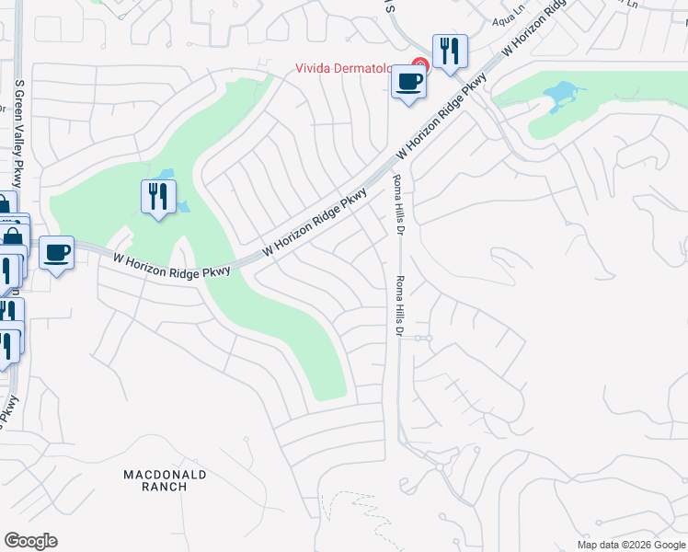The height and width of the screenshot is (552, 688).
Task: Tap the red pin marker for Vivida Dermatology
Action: coord(419,65)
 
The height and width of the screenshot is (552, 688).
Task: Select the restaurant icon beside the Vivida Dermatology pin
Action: coord(450,51)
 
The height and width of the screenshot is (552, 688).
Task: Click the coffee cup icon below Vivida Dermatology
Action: coord(409,81)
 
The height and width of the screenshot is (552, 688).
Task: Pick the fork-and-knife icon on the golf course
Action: coord(158,196)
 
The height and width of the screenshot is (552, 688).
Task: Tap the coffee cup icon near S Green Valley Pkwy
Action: coord(56,252)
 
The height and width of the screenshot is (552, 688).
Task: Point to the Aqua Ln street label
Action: coord(506,19)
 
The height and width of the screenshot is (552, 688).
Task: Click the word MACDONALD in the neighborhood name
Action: coord(166,475)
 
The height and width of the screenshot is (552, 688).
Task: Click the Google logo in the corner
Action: coord(31,541)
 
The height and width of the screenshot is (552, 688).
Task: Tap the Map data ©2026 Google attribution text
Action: coord(630,545)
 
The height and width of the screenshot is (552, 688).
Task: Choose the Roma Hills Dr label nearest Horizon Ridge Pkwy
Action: coord(397,205)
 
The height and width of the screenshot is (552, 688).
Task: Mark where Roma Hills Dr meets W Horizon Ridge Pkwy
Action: coord(394,165)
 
